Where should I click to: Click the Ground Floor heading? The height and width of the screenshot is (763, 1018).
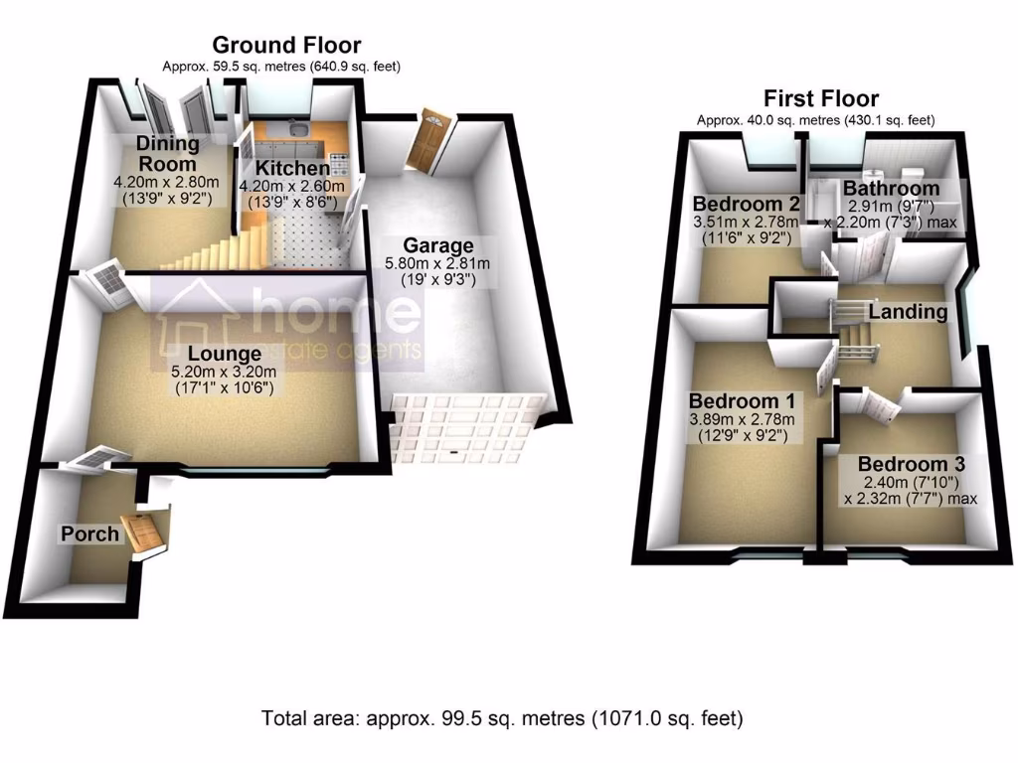pos(286,45)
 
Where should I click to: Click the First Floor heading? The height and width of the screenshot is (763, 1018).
pos(820,98)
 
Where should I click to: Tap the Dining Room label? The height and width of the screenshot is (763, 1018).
pos(167,154)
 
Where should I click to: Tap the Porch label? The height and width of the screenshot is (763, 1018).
pos(90,534)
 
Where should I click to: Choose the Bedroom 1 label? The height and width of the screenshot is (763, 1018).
pos(742,401)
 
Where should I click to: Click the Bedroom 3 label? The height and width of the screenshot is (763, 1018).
pos(911,464)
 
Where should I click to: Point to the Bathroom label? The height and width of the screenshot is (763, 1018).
pos(891,189)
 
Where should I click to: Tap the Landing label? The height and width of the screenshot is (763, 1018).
pos(908,312)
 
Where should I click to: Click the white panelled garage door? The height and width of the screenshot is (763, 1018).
pos(465,427)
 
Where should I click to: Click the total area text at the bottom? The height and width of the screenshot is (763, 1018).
pos(502,717)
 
